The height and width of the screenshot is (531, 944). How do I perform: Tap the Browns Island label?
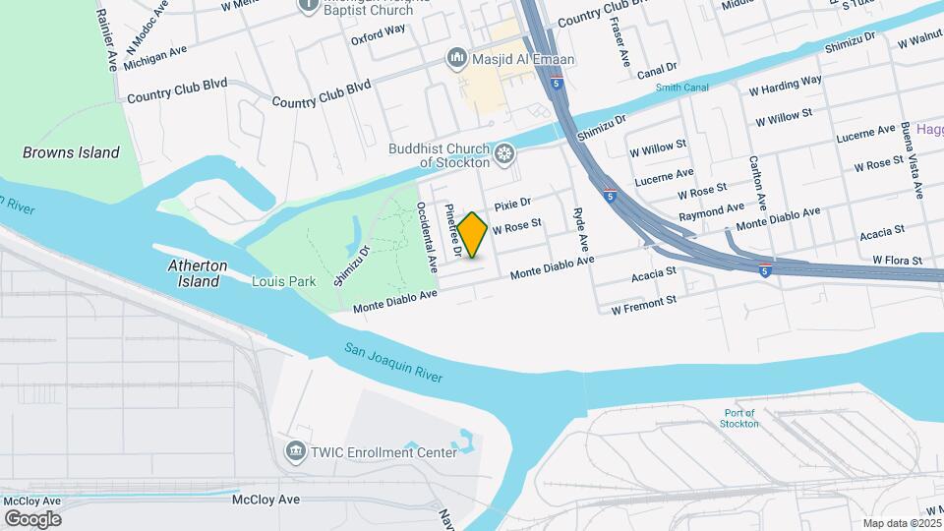tap(72, 152)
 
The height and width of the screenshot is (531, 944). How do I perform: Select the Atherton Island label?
tap(198, 273)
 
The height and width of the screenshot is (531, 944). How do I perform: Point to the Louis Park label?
tap(282, 281)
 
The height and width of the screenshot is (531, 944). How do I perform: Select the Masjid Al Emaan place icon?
tap(455, 59)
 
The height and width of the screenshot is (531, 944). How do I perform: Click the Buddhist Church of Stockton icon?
tap(504, 153)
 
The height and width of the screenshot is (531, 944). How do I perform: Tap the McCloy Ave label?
tap(265, 500)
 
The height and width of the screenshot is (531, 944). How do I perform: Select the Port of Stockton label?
tap(738, 418)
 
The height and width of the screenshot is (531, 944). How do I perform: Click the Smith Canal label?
tap(682, 88)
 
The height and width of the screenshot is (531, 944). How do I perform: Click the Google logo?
tap(32, 519)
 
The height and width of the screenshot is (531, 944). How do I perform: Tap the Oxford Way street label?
tap(379, 29)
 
